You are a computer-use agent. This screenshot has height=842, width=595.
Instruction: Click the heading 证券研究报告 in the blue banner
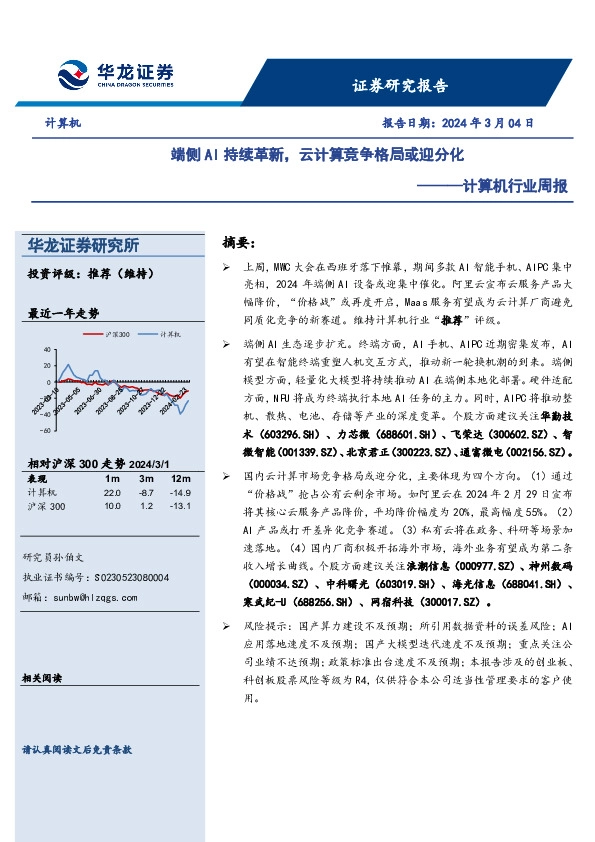[400, 85]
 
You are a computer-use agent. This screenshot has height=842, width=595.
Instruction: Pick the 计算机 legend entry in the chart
[145, 333]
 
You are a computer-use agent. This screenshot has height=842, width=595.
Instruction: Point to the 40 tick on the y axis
[47, 349]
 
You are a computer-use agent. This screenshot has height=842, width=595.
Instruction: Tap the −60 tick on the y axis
[45, 430]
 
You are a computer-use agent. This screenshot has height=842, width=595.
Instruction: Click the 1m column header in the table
[111, 479]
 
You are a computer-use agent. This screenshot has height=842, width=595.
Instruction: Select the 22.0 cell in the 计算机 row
[111, 493]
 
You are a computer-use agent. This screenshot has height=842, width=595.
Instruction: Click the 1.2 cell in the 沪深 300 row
[146, 508]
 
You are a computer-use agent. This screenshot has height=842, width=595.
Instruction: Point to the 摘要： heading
[239, 243]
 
